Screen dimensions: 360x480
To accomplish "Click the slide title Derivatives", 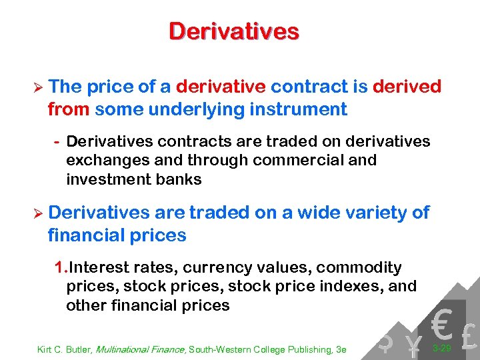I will pos(234,31).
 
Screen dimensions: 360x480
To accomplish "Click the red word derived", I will pos(407,87).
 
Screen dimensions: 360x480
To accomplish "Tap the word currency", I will pos(207,268).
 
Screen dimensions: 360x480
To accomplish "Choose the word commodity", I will pos(359,268).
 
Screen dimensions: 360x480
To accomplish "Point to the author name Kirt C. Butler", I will pos(64,349).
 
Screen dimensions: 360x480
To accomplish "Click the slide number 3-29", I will pos(441,348).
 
